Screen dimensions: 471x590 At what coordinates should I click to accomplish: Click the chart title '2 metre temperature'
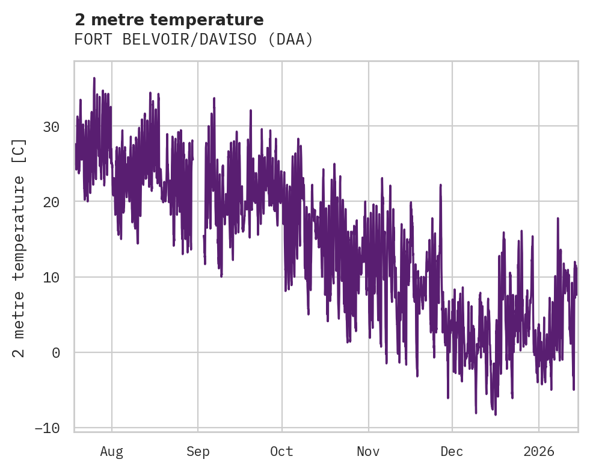(x=169, y=20)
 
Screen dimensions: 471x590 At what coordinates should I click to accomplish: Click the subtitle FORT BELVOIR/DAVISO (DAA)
(x=194, y=40)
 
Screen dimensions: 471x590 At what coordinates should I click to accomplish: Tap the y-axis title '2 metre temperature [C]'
(x=19, y=248)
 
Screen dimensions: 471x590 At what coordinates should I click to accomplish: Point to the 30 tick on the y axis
(x=51, y=126)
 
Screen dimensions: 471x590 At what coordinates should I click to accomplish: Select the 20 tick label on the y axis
(x=51, y=202)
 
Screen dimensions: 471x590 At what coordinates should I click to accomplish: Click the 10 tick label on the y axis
(x=51, y=277)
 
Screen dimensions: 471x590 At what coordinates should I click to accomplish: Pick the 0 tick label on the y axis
(x=56, y=353)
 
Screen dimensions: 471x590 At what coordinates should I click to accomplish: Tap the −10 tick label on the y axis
(x=47, y=428)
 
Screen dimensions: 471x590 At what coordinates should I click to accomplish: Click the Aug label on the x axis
(x=112, y=452)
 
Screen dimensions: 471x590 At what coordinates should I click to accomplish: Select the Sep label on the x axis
(x=197, y=452)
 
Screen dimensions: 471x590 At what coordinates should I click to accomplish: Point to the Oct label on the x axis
(x=281, y=452)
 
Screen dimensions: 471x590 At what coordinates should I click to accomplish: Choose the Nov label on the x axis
(x=368, y=452)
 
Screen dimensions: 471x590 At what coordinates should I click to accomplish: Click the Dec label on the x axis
(x=452, y=452)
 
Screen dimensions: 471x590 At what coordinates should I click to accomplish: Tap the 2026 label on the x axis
(x=539, y=452)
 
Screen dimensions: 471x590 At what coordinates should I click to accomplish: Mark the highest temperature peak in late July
(x=94, y=78)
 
